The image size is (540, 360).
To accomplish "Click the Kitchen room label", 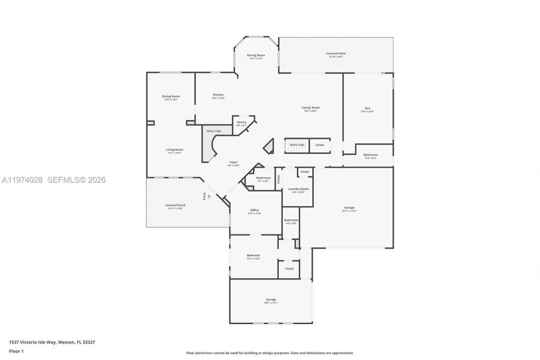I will coord(218,95).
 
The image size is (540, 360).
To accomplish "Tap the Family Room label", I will coord(310,108).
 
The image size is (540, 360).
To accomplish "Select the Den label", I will coord(367,108).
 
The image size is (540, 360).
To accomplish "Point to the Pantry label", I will coord(241,122).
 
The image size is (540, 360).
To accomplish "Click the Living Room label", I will coord(174,150).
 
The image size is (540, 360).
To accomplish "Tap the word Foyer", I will coord(233,162).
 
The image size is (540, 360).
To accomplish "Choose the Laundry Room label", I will coord(298,189).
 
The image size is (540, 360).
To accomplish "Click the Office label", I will coord(254,210).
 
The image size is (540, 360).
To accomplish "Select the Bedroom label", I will coord(253,255).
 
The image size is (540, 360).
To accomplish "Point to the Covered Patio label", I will coord(336,54).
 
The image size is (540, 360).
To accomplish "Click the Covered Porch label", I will coord(175,206).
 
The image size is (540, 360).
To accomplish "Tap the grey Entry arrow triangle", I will coord(209,196).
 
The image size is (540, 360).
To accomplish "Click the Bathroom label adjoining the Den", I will coord(370,155).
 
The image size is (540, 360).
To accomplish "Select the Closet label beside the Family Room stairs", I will coord(320,145).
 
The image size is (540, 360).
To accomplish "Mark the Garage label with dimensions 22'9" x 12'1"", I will coord(271,300).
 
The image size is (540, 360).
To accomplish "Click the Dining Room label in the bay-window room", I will coord(256,55).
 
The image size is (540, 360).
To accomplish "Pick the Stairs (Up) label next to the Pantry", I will coord(213,131).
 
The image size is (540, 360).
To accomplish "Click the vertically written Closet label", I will coord(278,179).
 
